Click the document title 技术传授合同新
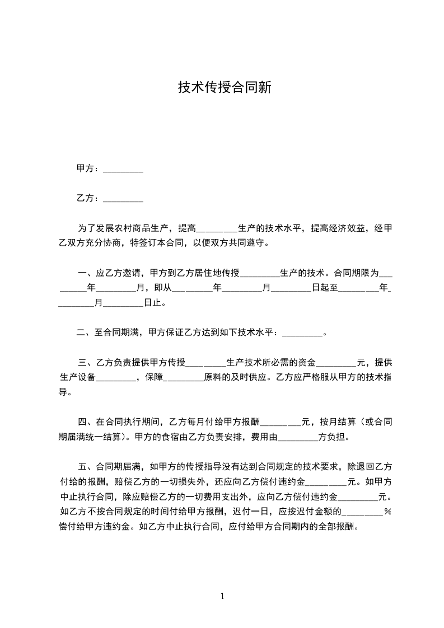(x=225, y=87)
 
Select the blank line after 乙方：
(x=123, y=199)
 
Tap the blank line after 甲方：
(x=123, y=170)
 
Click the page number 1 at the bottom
(x=222, y=596)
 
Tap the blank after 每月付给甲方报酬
(x=281, y=423)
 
